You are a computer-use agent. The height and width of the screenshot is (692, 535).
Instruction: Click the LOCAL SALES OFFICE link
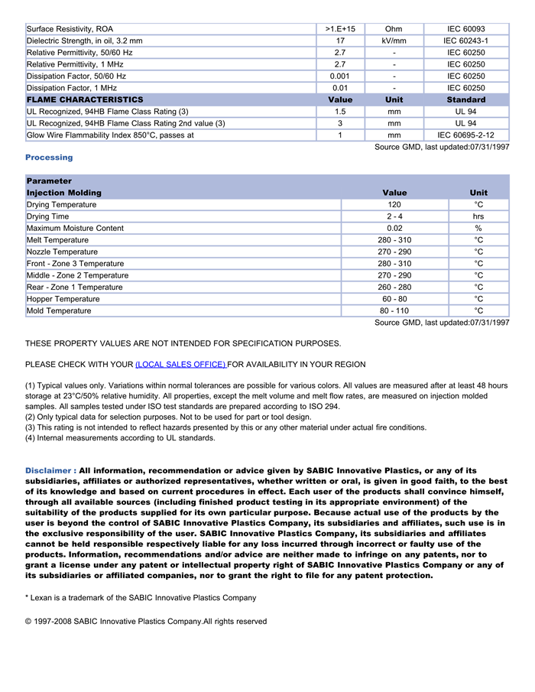coord(180,365)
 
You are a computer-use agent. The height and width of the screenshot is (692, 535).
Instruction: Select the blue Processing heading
coord(49,158)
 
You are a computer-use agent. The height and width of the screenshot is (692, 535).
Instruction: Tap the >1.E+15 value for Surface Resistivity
coord(340,29)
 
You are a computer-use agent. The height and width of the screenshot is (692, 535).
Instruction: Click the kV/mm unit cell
coord(394,41)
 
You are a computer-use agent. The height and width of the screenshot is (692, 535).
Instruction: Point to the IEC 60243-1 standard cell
coord(465,41)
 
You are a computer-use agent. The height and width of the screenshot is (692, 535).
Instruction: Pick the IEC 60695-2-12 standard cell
coord(465,135)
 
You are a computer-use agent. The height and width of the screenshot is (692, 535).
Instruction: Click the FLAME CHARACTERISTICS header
coord(85,100)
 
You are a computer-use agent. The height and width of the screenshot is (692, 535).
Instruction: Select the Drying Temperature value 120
coord(394,205)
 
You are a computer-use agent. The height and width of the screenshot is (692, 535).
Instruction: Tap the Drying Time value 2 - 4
coord(394,217)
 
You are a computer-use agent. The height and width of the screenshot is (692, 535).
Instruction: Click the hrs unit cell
coord(478,217)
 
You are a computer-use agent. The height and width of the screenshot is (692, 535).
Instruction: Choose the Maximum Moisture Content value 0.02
coord(394,229)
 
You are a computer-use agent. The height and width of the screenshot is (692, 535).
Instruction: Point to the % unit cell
coord(478,229)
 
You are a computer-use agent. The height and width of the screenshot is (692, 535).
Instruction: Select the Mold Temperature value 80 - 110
coord(394,311)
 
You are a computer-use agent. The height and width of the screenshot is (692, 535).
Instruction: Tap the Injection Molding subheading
coord(64,193)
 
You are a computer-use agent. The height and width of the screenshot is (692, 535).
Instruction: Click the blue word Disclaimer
coord(50,471)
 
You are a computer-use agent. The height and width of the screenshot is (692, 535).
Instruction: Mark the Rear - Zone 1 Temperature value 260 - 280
coord(394,288)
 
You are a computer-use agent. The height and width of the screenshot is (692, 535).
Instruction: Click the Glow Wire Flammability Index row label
coord(110,135)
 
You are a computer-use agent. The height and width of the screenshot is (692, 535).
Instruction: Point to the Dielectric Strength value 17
coord(340,41)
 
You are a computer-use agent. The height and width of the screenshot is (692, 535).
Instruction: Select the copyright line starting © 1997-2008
coord(145,622)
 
